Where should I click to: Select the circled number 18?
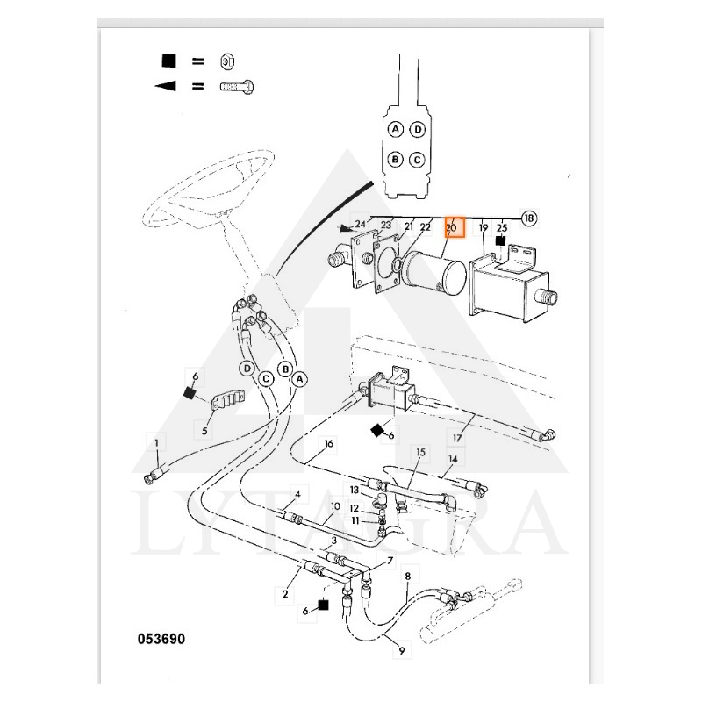pyautogui.click(x=529, y=218)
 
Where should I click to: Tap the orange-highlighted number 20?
pyautogui.click(x=452, y=227)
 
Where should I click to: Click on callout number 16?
pyautogui.click(x=329, y=444)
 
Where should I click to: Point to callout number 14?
pyautogui.click(x=453, y=458)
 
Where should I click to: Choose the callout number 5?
pyautogui.click(x=204, y=431)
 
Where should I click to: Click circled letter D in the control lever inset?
pyautogui.click(x=418, y=130)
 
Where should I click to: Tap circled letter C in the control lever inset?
pyautogui.click(x=418, y=160)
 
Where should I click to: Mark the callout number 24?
pyautogui.click(x=360, y=225)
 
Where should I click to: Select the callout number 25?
pyautogui.click(x=502, y=227)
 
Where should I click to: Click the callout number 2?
pyautogui.click(x=285, y=594)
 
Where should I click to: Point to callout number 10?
pyautogui.click(x=335, y=506)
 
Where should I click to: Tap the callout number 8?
pyautogui.click(x=407, y=577)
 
